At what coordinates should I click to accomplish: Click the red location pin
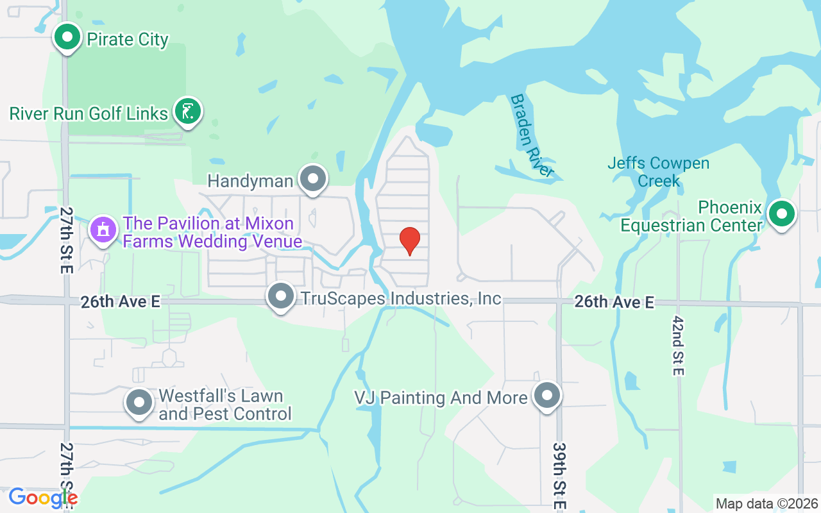(x=410, y=240)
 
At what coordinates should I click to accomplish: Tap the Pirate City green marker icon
(x=67, y=37)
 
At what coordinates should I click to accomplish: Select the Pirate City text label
(x=128, y=40)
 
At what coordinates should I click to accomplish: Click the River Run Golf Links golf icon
(x=187, y=112)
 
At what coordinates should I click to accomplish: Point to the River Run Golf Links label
(x=89, y=114)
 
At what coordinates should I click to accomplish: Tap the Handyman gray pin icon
(x=313, y=180)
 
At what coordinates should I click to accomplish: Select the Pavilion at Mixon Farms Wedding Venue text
(x=212, y=232)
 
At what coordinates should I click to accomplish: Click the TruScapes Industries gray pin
(x=280, y=297)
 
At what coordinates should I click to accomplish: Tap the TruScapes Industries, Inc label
(x=401, y=299)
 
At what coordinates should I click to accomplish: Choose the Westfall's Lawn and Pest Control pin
(x=139, y=403)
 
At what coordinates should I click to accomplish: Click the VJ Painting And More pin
(x=547, y=396)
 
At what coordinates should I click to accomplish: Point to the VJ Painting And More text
(x=441, y=398)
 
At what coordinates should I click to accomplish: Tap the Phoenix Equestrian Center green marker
(x=781, y=214)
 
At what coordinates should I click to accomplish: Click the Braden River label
(x=532, y=135)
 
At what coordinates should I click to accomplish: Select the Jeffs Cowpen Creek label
(x=658, y=172)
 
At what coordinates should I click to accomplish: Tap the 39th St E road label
(x=559, y=475)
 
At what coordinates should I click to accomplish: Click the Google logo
(x=43, y=498)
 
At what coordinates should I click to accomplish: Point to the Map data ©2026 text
(x=766, y=503)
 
